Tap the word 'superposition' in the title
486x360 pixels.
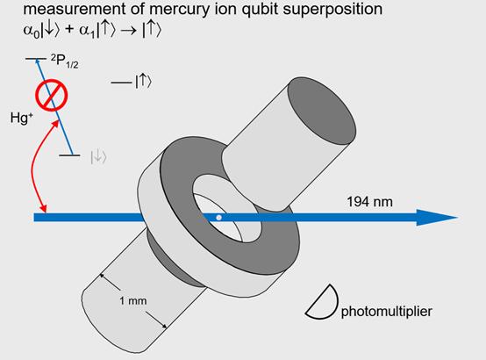click(332, 10)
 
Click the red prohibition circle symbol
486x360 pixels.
click(51, 95)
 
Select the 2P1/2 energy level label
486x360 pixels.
click(64, 61)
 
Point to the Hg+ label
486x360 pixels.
click(21, 118)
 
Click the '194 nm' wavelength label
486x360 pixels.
click(369, 202)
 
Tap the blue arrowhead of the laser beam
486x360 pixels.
click(436, 218)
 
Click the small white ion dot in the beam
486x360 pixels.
click(218, 218)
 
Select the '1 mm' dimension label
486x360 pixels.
click(133, 300)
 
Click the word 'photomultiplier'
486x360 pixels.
click(387, 312)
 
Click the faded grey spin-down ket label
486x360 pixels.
click(98, 157)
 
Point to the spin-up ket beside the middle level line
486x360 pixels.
click(144, 82)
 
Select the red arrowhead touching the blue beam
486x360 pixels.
click(44, 208)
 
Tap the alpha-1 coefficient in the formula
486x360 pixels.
click(87, 31)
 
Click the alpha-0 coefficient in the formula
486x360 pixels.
click(32, 31)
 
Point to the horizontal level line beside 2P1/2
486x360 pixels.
click(36, 59)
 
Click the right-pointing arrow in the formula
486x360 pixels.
click(128, 31)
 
